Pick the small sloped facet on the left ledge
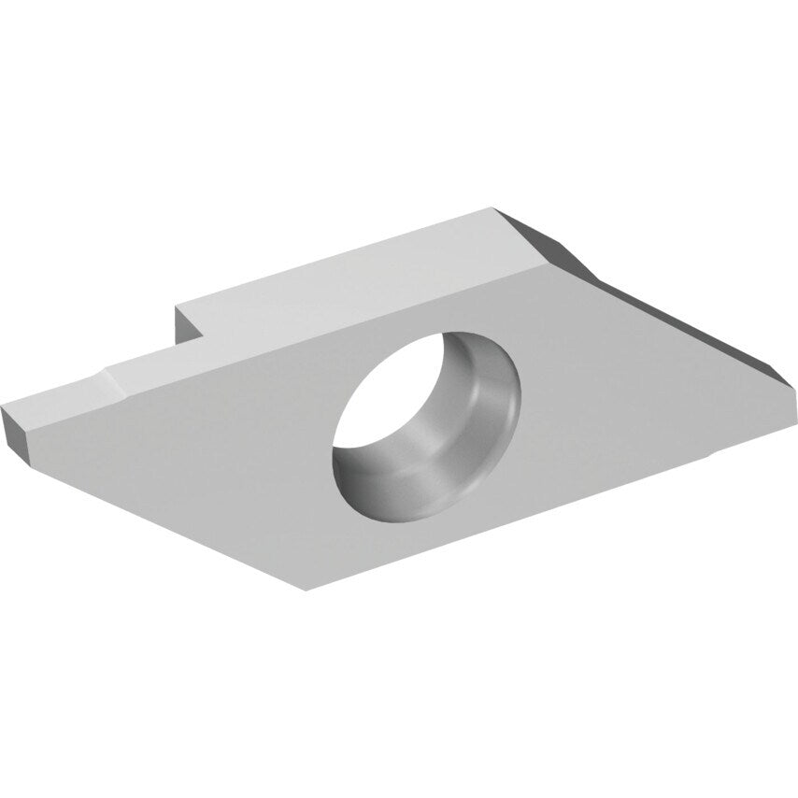coord(113,385)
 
